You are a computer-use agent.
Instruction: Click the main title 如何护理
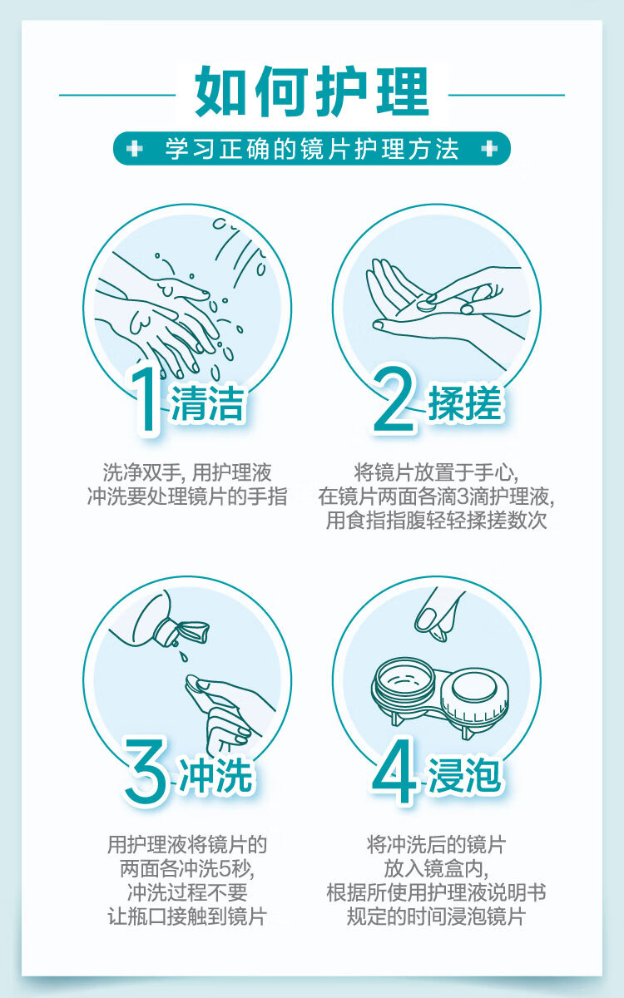[x=311, y=91]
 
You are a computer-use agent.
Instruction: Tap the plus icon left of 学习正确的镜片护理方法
[x=135, y=148]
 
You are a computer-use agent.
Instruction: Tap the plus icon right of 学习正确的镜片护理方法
[x=489, y=148]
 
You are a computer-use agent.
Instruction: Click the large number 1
[x=147, y=399]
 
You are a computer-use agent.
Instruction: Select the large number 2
[x=395, y=400]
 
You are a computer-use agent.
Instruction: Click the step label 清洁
[x=208, y=403]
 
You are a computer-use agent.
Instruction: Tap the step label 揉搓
[x=465, y=403]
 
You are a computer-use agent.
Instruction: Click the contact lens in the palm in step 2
[x=425, y=306]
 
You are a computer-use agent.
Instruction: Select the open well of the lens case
[x=404, y=682]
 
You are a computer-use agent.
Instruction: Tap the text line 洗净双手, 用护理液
[x=187, y=473]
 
